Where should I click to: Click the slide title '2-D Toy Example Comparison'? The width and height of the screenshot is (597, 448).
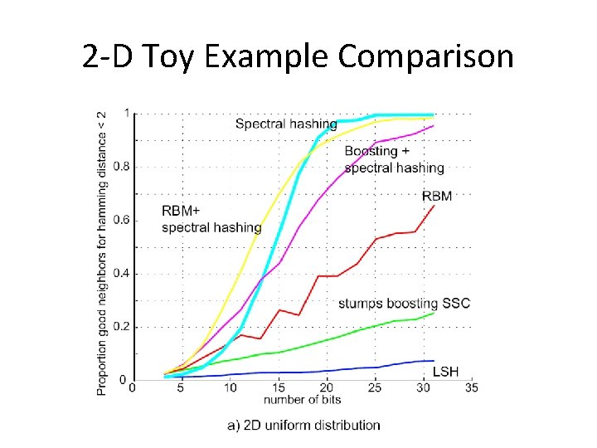click(298, 57)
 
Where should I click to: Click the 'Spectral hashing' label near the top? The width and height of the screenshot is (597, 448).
click(286, 124)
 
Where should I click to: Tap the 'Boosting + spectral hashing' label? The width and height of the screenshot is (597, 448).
click(394, 159)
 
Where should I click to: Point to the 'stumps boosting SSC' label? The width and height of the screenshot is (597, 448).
click(404, 304)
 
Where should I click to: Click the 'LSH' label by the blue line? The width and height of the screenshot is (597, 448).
click(445, 372)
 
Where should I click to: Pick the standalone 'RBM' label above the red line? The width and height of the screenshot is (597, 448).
click(437, 196)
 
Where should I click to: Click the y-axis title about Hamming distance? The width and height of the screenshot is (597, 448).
click(102, 252)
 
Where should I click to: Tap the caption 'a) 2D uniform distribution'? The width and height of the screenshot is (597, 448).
click(303, 426)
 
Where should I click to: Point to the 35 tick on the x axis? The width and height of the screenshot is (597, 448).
click(472, 388)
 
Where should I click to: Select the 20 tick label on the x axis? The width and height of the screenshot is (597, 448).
click(327, 388)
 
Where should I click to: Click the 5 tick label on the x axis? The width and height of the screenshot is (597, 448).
click(182, 388)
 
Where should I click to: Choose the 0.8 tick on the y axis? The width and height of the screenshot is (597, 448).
click(120, 167)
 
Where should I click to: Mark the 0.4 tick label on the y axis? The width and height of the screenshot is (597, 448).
click(120, 274)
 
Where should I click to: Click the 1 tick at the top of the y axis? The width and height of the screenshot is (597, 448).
click(126, 114)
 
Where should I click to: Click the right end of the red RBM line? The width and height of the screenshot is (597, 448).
click(434, 206)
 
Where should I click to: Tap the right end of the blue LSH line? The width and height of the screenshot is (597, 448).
click(434, 361)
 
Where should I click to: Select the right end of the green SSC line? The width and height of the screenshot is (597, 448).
click(434, 314)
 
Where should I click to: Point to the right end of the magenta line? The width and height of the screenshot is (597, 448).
click(434, 126)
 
